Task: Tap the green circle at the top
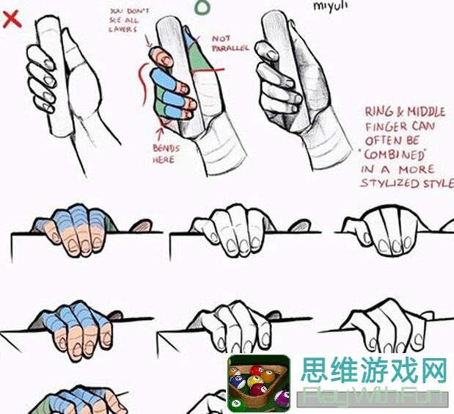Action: (x=202, y=7)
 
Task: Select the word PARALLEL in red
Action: (x=231, y=48)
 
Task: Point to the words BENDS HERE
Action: (x=166, y=153)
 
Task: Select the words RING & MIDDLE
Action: (x=405, y=112)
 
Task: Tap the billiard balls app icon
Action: (x=258, y=383)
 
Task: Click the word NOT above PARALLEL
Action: (x=221, y=37)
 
